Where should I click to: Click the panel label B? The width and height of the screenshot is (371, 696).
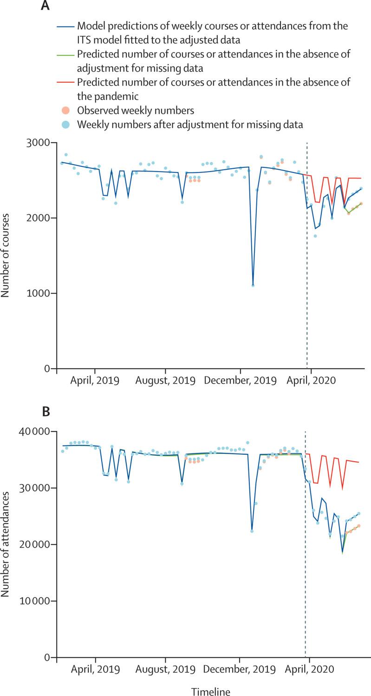coord(46,412)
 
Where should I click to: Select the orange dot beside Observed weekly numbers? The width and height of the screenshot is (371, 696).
coord(67,111)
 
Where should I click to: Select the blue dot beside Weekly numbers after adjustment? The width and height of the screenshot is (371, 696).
coord(67,125)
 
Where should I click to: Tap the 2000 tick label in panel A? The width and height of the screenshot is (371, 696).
coord(39,218)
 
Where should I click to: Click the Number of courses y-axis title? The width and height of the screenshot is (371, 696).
coord(6,256)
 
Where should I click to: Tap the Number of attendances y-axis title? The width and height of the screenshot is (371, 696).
coord(6,544)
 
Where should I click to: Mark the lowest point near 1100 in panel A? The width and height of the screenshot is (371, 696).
coord(253,285)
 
